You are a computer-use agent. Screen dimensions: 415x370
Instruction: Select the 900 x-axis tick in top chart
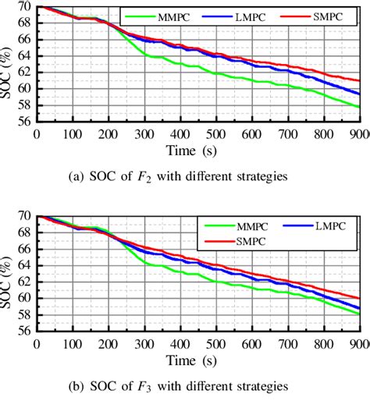(x=358, y=133)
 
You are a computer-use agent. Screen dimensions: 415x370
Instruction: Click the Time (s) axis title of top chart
(x=199, y=149)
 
